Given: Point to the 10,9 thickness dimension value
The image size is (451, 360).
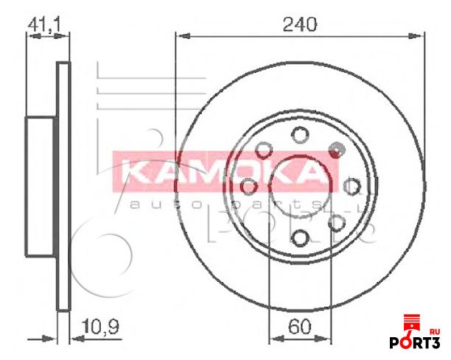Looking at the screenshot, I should pyautogui.click(x=99, y=324).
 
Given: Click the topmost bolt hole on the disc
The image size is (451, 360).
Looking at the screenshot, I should pyautogui.click(x=299, y=134).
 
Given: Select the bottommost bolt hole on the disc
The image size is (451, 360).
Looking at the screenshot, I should pyautogui.click(x=300, y=237).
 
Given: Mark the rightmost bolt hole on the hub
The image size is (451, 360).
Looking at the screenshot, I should pyautogui.click(x=352, y=185).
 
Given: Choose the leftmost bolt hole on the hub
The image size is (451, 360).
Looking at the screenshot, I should pyautogui.click(x=248, y=186).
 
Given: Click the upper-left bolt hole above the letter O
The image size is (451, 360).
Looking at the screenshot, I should pyautogui.click(x=263, y=149).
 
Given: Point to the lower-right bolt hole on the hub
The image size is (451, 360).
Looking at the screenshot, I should pyautogui.click(x=336, y=222).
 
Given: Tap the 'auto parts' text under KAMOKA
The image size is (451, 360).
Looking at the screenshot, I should pyautogui.click(x=221, y=202).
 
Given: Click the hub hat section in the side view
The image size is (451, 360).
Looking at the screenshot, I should pyautogui.click(x=41, y=186).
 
